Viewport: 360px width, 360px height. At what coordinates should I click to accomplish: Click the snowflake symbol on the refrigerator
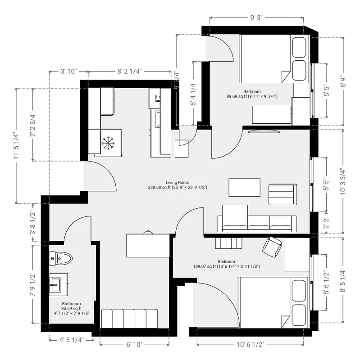coord(108,143)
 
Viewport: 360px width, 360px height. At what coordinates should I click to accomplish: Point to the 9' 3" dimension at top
coord(256,18)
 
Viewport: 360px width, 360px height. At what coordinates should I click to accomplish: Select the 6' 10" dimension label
coord(134,345)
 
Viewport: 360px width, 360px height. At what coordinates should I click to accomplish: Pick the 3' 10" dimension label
coord(69,71)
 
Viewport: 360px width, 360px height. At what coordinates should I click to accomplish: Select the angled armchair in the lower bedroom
coord(273,246)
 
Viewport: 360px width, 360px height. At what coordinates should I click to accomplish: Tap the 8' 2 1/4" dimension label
coord(129,71)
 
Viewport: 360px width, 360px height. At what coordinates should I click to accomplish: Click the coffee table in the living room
coord(244,187)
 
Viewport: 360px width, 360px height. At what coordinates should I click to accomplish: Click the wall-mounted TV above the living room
coord(264,131)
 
